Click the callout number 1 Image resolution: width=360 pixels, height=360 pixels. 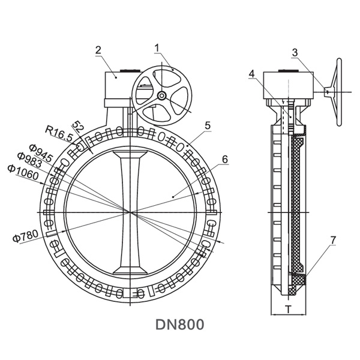pyautogui.click(x=157, y=47)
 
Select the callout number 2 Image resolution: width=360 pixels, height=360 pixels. pyautogui.click(x=98, y=50)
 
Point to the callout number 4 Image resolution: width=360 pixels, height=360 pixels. pyautogui.click(x=253, y=73)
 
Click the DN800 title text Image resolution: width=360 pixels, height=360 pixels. pyautogui.click(x=180, y=325)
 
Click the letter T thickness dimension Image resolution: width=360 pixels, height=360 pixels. pyautogui.click(x=288, y=310)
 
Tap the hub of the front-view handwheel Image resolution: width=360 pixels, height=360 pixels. pyautogui.click(x=162, y=96)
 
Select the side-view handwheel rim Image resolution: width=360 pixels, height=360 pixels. pyautogui.click(x=340, y=93)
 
